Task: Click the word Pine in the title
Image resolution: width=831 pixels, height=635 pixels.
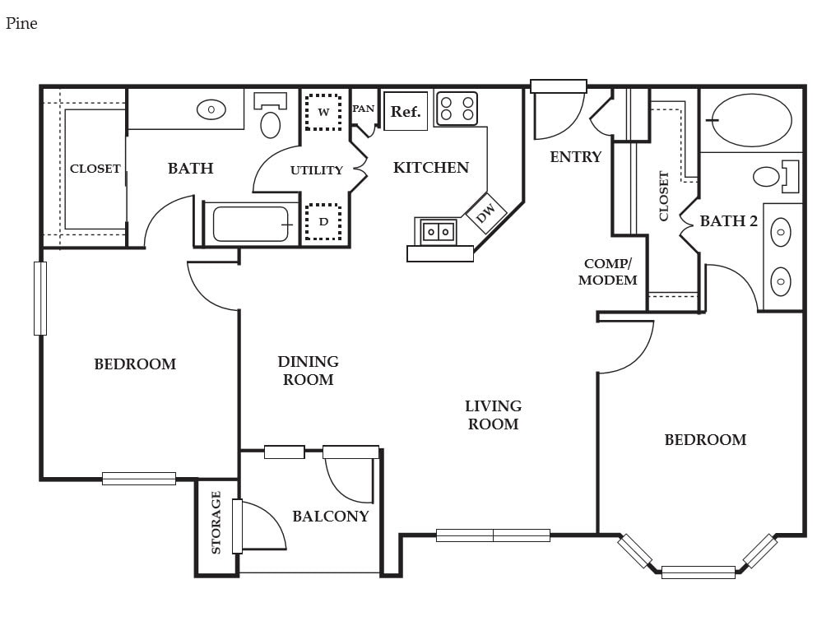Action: point(21,23)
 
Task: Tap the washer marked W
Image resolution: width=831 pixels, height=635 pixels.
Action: point(323,112)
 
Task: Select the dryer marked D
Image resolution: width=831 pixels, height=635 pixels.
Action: point(323,221)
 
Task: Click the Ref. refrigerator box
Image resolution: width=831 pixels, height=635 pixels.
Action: point(406,111)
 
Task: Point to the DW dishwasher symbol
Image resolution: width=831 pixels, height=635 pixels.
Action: point(485,213)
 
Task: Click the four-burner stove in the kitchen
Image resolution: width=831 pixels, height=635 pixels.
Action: point(457,108)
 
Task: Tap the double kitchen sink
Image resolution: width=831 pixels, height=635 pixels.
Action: point(439,231)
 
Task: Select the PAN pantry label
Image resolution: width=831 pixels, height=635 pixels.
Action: point(364,109)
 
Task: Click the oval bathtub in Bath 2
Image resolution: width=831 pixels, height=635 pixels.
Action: point(751,120)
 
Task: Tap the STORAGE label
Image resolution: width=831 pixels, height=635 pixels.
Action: point(216,522)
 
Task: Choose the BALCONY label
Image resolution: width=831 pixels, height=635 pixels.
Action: point(331,516)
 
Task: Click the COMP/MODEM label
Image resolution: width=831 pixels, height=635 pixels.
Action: point(607,271)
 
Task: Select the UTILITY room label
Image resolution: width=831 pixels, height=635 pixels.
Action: point(317,170)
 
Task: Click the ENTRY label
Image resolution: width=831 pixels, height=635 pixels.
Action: point(576,157)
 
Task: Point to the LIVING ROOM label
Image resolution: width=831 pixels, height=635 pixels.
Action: point(493,415)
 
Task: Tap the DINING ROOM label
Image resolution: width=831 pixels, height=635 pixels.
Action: point(308,371)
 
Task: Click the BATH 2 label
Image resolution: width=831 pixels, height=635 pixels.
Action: point(729,220)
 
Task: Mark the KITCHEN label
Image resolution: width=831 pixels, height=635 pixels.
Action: point(431,168)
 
